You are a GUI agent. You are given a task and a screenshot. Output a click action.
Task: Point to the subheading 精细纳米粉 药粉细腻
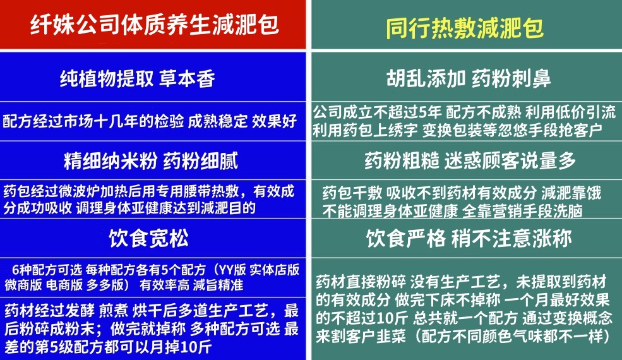(x=150, y=161)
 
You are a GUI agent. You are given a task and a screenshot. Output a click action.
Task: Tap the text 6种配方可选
(x=44, y=270)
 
